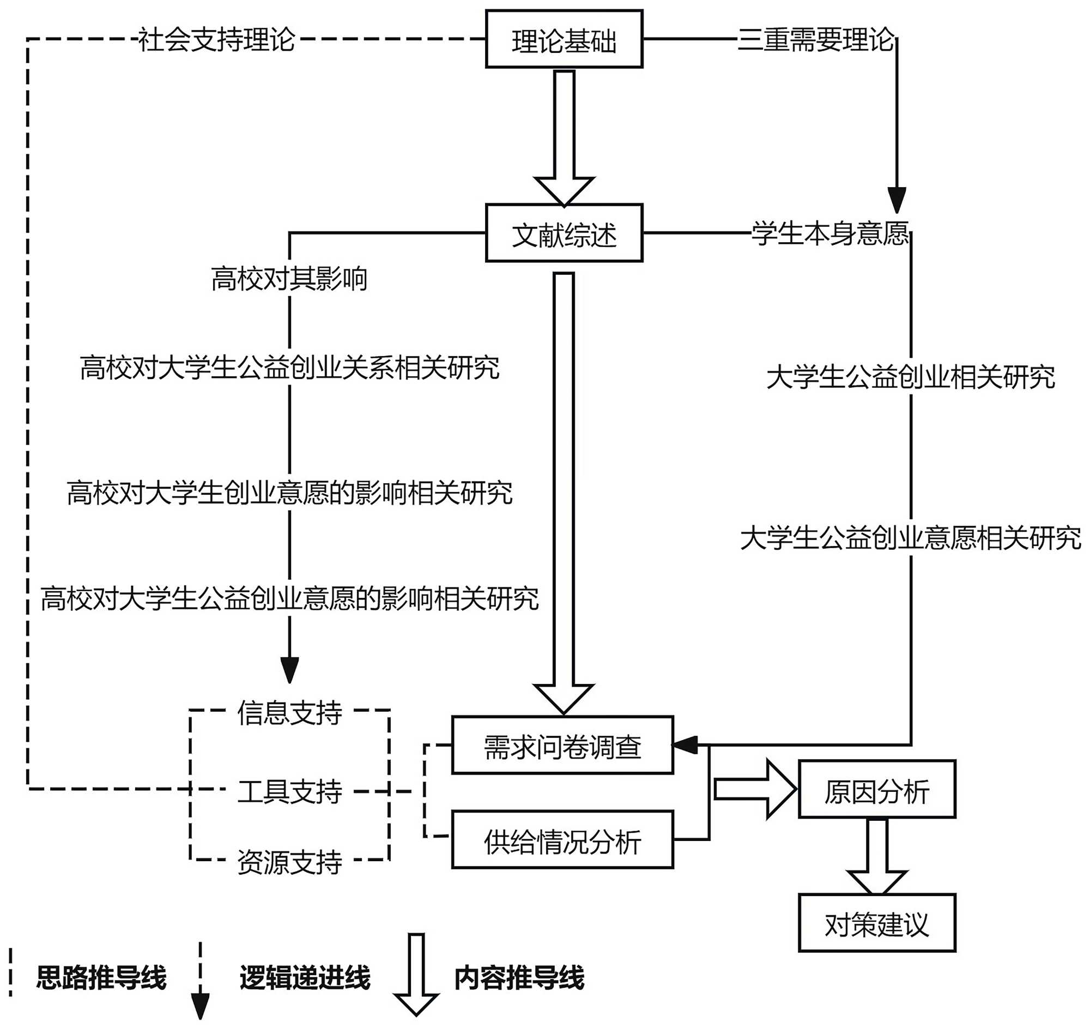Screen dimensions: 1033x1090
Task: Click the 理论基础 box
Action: (564, 39)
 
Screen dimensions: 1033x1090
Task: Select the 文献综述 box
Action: (564, 233)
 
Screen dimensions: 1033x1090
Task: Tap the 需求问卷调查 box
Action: (562, 745)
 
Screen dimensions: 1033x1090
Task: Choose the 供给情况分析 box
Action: (562, 840)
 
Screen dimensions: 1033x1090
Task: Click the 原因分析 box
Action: (876, 790)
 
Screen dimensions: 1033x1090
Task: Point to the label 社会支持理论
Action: (216, 40)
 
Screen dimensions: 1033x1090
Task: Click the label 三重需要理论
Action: (815, 40)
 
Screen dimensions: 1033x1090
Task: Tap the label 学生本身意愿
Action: (829, 233)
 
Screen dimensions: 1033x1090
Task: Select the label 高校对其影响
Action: (289, 279)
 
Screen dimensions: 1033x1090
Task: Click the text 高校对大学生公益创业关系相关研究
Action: (289, 367)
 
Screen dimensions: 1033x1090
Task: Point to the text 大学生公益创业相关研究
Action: (911, 377)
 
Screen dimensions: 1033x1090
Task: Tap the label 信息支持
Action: (289, 713)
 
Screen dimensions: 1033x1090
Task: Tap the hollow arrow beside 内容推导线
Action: (416, 974)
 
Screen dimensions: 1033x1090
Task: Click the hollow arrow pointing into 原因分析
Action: (755, 790)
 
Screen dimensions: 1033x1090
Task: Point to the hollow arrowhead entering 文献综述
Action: (565, 190)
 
